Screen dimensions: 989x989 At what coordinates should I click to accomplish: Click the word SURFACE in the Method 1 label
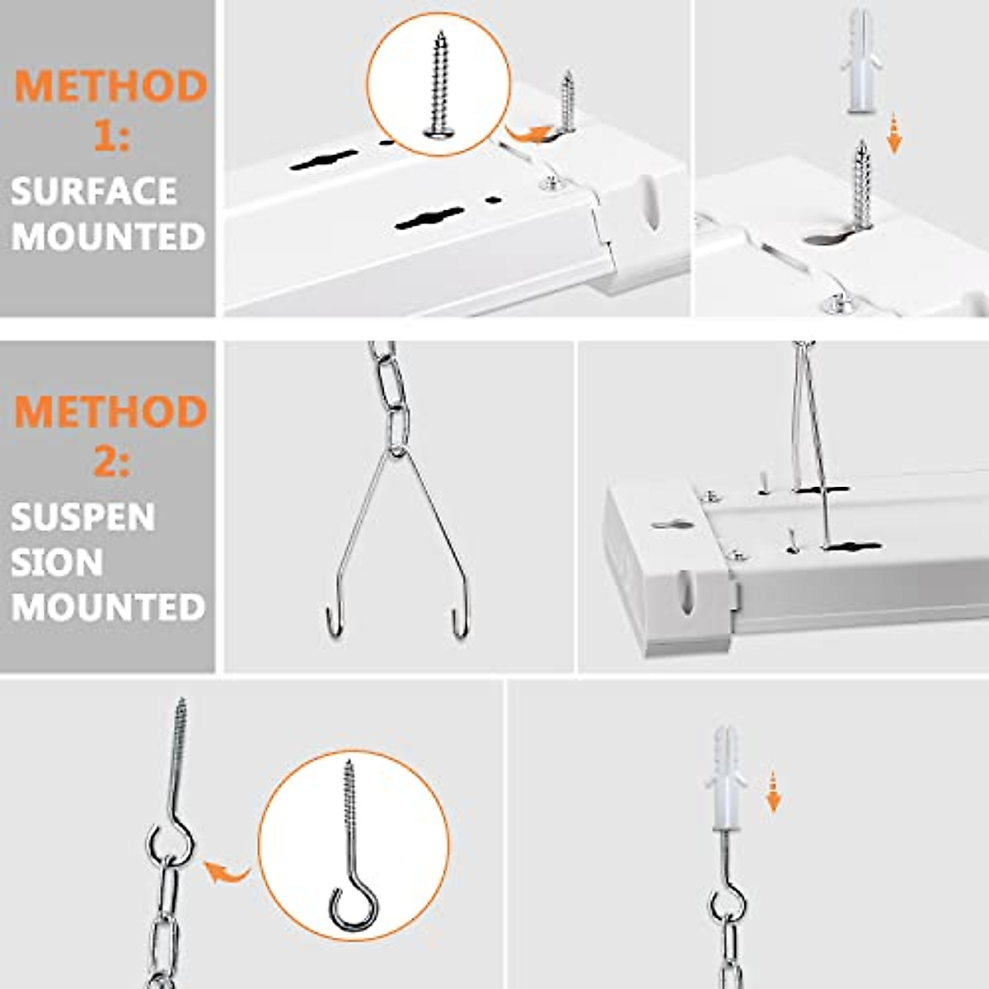coord(94,191)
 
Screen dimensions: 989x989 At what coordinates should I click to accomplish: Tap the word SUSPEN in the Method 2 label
coord(83,518)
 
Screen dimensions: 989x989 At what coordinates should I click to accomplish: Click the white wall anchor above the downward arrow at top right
coord(860,62)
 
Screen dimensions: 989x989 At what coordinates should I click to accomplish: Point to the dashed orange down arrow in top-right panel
coord(894,135)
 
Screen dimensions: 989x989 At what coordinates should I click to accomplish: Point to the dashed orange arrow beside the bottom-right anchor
coord(773,791)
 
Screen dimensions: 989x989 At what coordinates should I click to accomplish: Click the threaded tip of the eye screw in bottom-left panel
coord(181,717)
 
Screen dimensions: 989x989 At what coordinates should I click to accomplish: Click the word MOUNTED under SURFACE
coord(108,237)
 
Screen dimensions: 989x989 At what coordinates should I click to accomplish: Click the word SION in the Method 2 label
coord(57,562)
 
